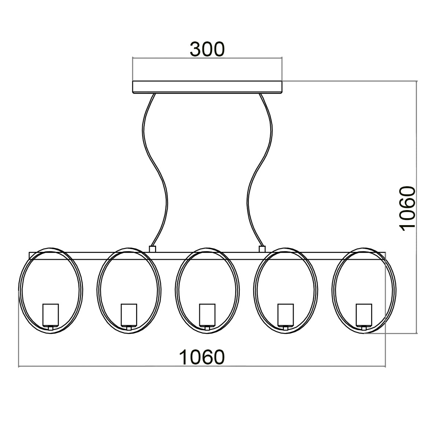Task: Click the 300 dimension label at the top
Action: [x=207, y=49]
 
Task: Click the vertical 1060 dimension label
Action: [x=407, y=208]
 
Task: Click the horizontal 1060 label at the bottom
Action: [x=201, y=357]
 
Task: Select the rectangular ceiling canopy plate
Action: [x=207, y=87]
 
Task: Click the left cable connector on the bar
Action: [x=153, y=249]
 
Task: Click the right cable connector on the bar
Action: [x=262, y=249]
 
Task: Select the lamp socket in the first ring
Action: [x=51, y=315]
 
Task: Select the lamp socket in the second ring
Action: [x=129, y=315]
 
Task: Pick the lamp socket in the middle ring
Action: [x=207, y=315]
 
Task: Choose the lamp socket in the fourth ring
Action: [x=286, y=315]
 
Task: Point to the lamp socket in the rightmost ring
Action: [x=364, y=315]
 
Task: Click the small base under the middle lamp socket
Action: [x=207, y=328]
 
